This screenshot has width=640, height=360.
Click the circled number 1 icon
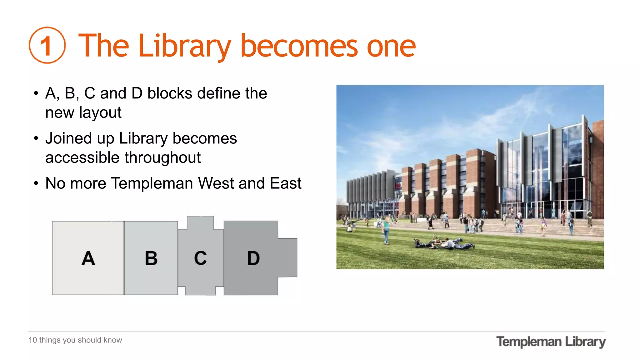pos(47,45)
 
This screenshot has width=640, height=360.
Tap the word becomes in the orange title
pos(299,46)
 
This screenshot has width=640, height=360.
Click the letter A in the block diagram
pos(88,258)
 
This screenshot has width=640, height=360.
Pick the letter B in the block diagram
pos(151,258)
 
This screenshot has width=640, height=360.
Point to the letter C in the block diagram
pos(200,258)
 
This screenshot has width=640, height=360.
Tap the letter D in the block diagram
pos(253,258)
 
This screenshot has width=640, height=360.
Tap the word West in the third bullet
pos(216,183)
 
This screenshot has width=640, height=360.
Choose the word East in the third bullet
pos(286,183)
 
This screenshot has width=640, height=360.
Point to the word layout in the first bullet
pos(100,112)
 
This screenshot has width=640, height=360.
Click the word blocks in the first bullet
pos(170,93)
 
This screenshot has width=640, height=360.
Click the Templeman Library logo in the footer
pos(551,342)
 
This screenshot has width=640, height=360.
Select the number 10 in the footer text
pos(32,340)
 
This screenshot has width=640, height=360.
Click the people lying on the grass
pos(444,243)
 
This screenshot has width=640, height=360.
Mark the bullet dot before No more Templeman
pos(36,183)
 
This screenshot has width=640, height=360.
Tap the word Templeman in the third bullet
pos(152,183)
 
